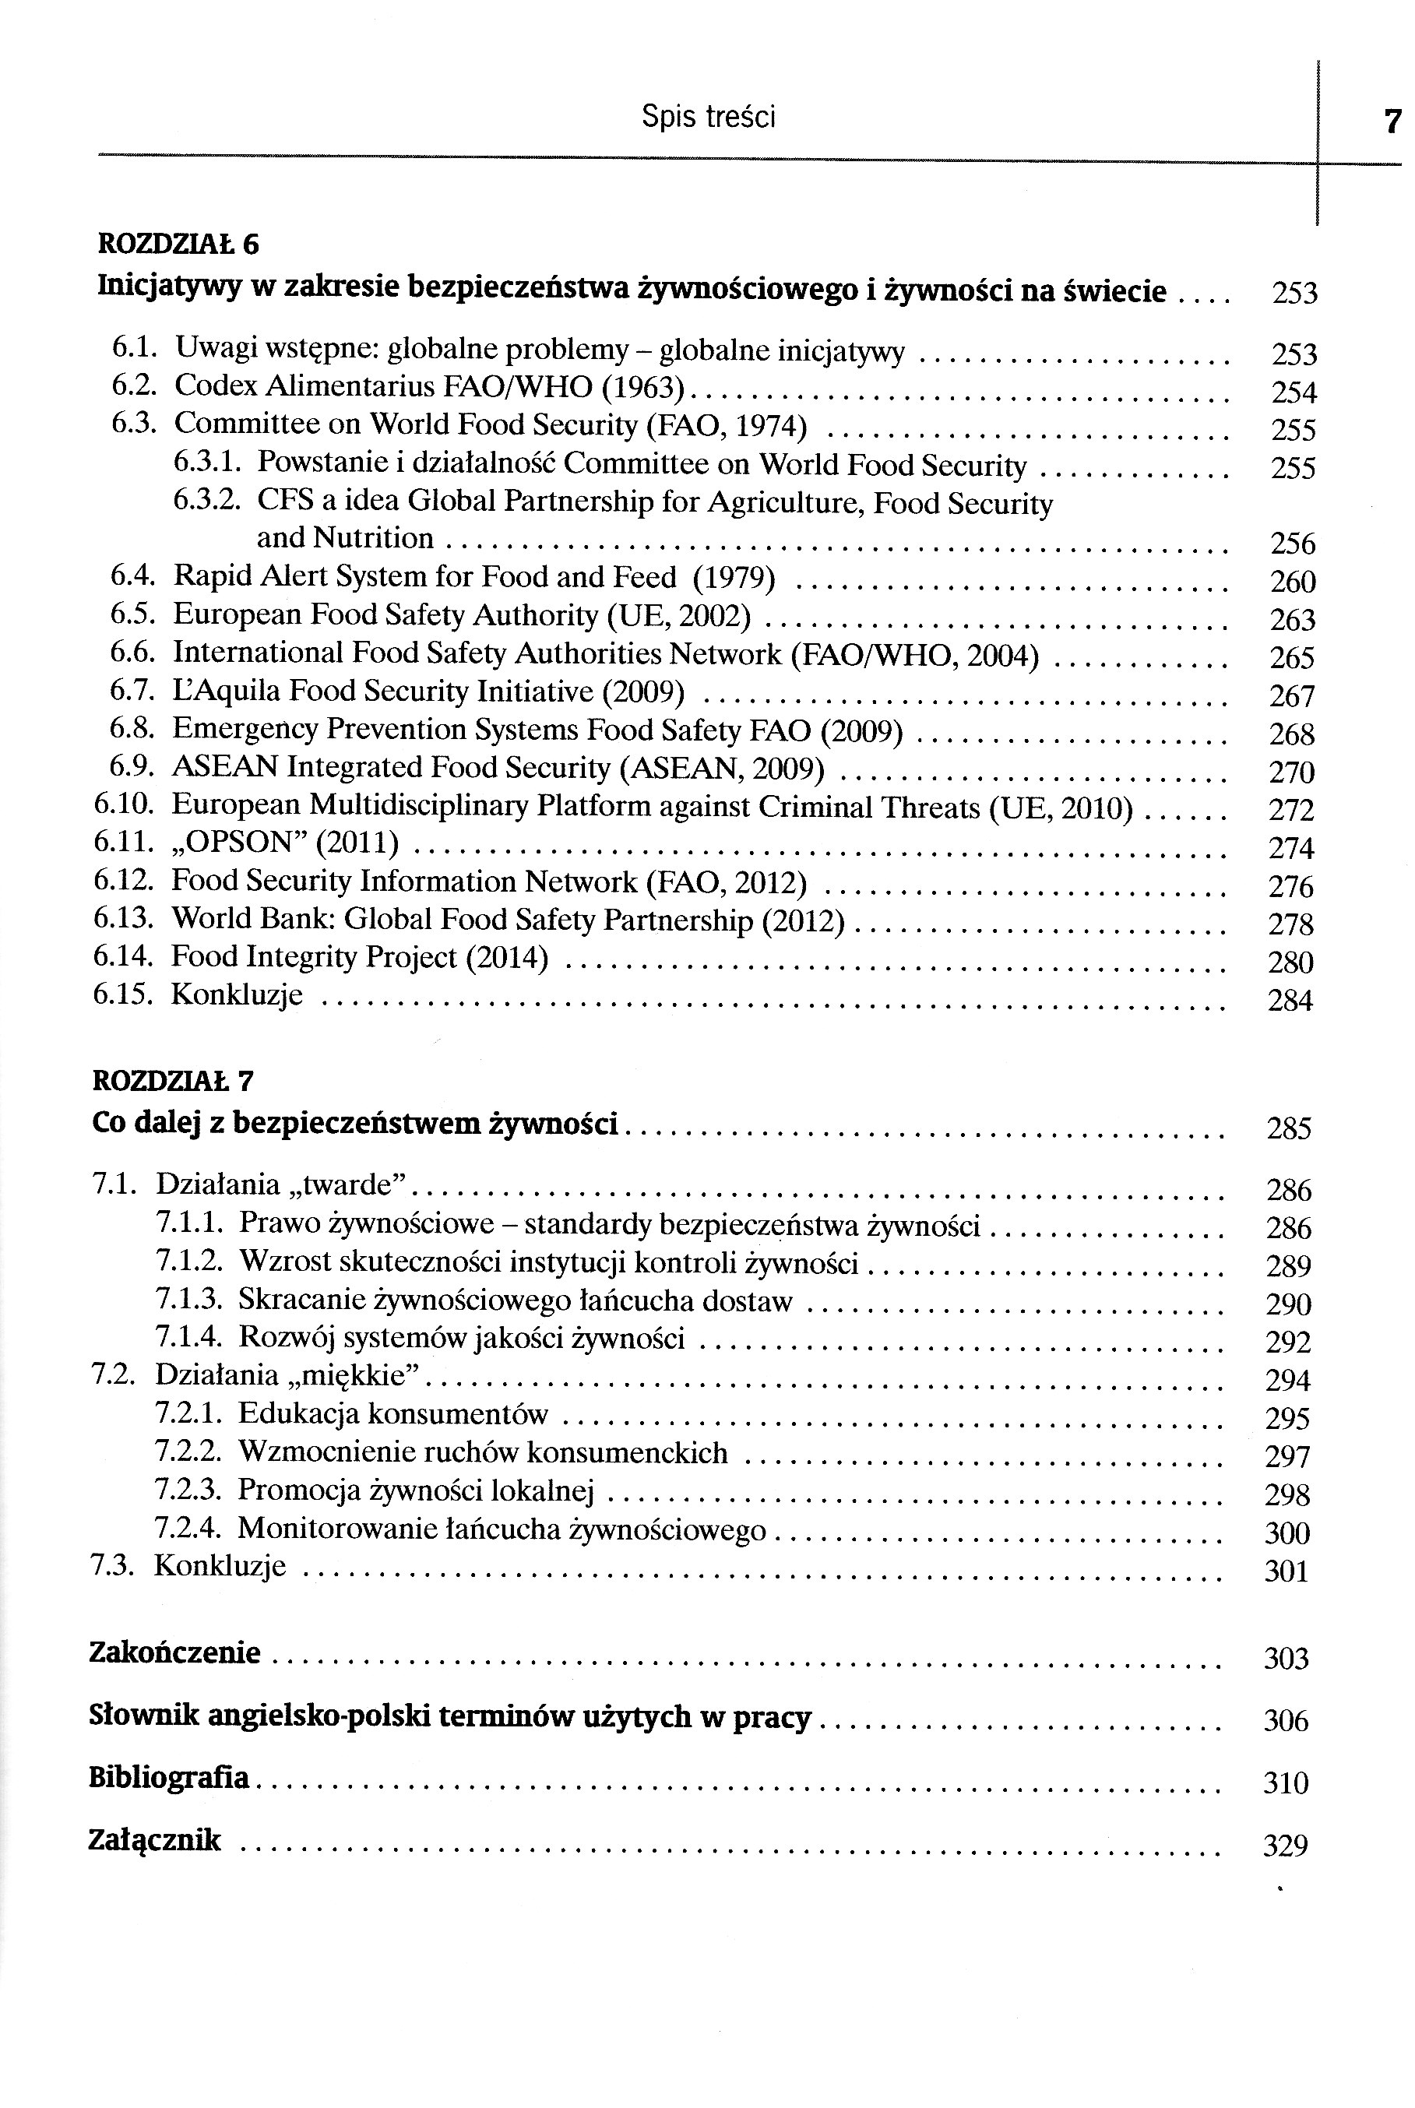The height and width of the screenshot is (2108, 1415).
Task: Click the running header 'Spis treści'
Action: point(709,116)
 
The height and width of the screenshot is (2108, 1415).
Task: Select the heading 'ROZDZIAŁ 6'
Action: point(178,244)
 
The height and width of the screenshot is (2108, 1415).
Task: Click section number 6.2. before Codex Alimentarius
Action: point(135,385)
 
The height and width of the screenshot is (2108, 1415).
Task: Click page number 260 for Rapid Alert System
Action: point(1292,582)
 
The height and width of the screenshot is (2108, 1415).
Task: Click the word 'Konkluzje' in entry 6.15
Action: point(237,995)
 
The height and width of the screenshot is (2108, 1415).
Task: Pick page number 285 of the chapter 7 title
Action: point(1289,1129)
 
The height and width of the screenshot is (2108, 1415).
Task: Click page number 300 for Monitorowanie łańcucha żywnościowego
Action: point(1287,1533)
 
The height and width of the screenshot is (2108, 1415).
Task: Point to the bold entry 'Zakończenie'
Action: point(175,1653)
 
